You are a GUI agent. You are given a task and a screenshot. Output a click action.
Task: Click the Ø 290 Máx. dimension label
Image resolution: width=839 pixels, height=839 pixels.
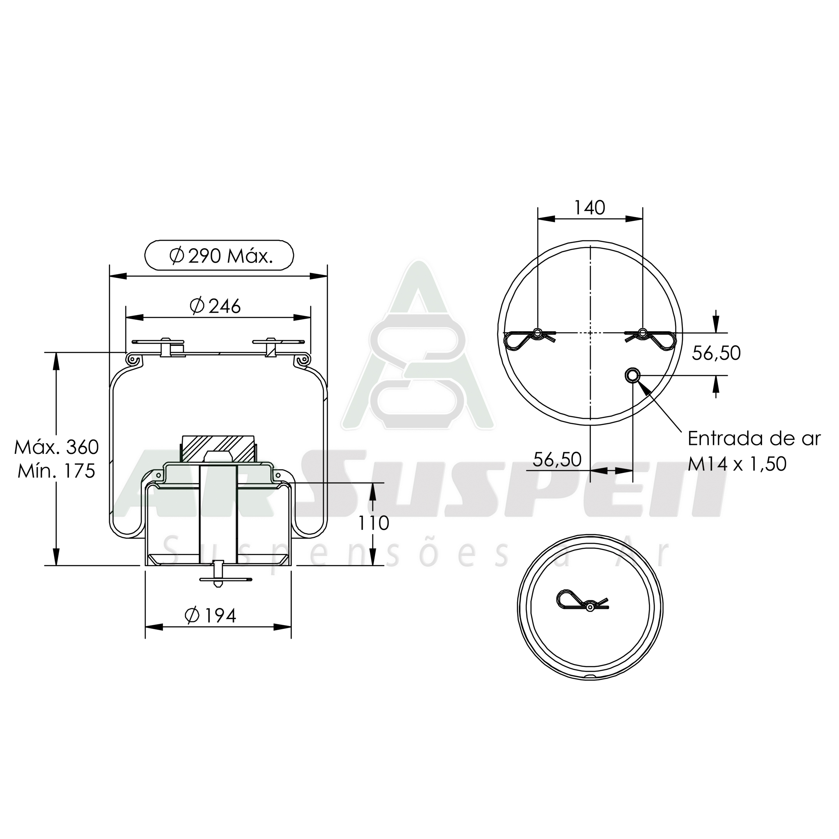coord(219,256)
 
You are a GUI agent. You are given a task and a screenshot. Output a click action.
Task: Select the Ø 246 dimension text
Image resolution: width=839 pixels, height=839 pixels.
coord(215,306)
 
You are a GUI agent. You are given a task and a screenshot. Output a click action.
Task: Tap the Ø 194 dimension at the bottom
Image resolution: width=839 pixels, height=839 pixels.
coord(211,615)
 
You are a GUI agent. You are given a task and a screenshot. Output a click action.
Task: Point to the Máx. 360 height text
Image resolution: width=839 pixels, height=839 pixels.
coord(57,447)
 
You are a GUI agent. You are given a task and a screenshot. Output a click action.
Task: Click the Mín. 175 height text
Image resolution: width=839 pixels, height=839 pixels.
coord(57,471)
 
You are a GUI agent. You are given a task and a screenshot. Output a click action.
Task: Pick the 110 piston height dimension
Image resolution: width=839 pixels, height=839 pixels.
coord(373,523)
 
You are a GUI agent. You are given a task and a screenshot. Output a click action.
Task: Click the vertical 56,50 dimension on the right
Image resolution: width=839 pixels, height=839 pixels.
coord(716,353)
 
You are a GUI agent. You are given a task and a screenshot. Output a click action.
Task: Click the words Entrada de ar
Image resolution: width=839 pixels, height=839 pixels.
coord(754,439)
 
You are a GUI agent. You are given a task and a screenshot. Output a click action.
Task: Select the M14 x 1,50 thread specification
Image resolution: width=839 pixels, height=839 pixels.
coord(737,464)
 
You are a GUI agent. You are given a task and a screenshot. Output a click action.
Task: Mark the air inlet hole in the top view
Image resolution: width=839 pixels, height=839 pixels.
coord(632,375)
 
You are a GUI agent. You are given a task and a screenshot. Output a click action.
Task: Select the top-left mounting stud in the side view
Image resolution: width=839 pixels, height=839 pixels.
coord(165,347)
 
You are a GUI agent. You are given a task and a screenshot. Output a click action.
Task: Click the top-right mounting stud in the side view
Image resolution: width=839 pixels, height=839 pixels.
coord(270,347)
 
